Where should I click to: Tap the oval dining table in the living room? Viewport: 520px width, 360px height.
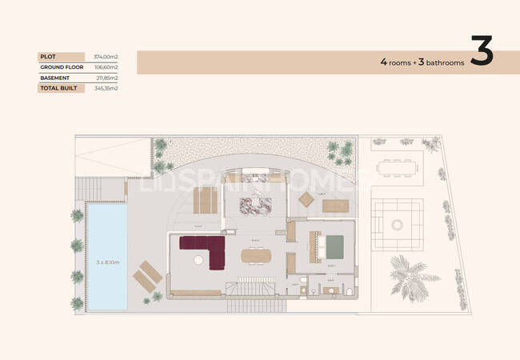click(x=256, y=255)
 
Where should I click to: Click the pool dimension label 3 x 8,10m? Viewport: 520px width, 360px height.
click(x=106, y=261)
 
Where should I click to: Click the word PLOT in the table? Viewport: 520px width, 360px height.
click(x=47, y=57)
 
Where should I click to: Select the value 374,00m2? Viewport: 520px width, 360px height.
click(x=106, y=57)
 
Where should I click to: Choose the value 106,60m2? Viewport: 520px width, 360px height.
click(x=106, y=67)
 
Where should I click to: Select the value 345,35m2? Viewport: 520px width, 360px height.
click(x=106, y=89)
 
